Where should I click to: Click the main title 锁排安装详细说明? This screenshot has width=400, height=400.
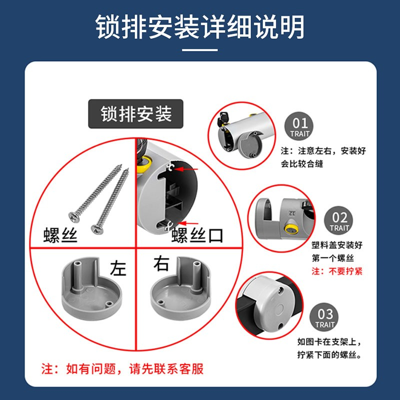199,27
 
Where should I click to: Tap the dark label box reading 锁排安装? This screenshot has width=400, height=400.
135,114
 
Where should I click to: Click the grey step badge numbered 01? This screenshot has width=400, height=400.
299,126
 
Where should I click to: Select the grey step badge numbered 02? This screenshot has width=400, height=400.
338,220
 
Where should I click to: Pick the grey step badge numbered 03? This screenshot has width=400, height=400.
324,317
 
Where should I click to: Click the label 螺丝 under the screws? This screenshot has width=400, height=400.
60,235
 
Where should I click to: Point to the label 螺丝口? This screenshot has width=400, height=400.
197,235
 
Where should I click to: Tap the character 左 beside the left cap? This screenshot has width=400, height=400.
118,268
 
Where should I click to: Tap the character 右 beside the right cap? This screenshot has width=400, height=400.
161,263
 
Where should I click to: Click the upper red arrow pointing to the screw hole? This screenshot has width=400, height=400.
185,168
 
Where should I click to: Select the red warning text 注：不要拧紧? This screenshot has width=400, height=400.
337,271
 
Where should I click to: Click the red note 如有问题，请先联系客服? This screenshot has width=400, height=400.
122,369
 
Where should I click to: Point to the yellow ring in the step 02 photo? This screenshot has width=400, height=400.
291,229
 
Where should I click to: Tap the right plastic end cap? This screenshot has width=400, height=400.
180,288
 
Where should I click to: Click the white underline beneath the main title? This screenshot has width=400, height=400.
199,50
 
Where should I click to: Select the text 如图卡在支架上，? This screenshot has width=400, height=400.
329,341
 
